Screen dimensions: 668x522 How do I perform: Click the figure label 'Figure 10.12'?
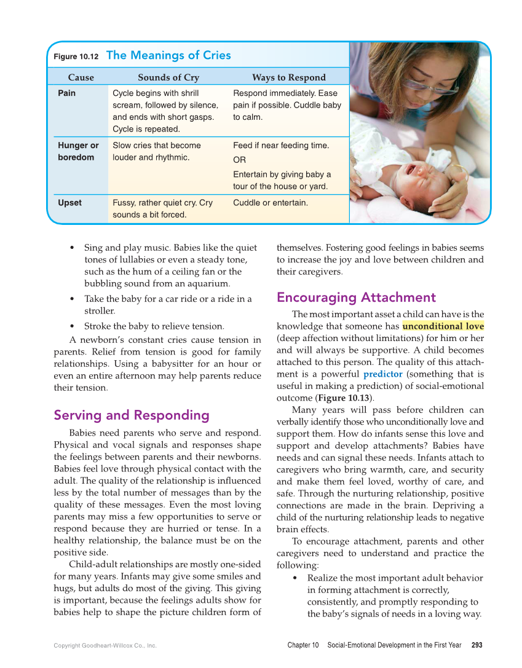point(76,57)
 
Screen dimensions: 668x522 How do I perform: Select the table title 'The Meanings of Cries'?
point(168,55)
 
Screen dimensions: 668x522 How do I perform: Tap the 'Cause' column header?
point(81,77)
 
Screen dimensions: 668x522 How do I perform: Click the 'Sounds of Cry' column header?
point(168,77)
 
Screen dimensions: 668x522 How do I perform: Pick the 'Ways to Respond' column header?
point(289,77)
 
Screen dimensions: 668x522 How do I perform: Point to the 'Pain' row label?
point(67,93)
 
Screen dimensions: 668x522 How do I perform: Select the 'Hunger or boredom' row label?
point(78,151)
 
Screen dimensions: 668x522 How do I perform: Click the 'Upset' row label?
point(69,203)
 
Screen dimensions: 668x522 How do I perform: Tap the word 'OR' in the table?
point(239,160)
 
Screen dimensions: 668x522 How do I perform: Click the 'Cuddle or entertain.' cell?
point(271,203)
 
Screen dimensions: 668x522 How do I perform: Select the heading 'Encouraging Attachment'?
point(356,298)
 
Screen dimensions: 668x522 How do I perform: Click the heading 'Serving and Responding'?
point(132,415)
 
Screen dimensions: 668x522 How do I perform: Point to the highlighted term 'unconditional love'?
point(443,326)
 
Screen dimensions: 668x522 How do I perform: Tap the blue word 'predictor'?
point(382,374)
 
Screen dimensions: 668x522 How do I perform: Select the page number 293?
point(477,645)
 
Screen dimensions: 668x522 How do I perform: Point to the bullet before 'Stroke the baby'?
point(73,326)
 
